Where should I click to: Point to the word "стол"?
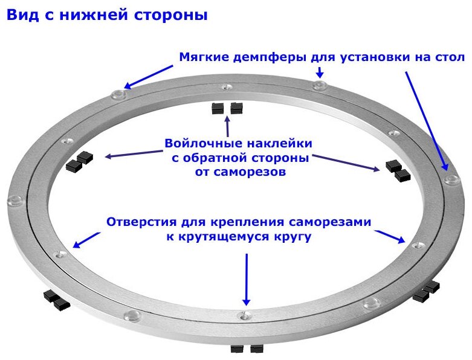point(450,58)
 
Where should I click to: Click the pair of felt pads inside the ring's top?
point(227,109)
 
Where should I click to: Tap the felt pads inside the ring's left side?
point(80,161)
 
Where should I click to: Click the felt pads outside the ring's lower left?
point(56,300)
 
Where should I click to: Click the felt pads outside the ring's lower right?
point(425,292)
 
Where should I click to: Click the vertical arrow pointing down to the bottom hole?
point(246,278)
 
